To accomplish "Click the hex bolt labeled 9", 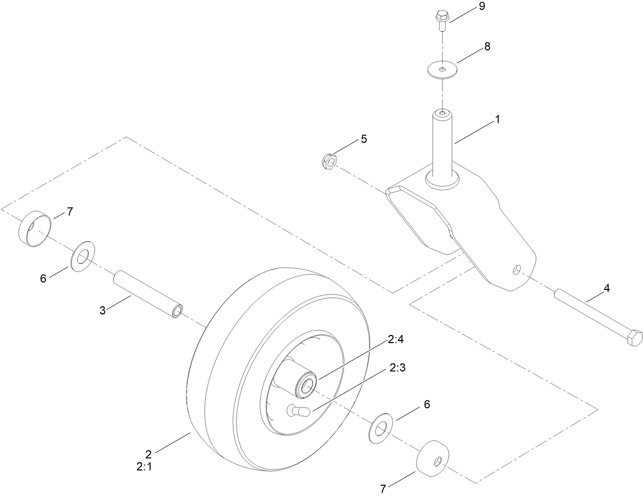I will click(x=441, y=20).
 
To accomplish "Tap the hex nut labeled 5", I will click(x=329, y=162).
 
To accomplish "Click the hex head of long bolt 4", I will click(x=633, y=338).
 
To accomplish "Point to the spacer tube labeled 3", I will click(x=148, y=295).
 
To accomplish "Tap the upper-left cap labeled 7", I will click(x=35, y=228).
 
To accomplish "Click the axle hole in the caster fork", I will click(x=518, y=269).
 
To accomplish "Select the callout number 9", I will click(x=480, y=6).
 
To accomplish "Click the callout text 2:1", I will click(x=145, y=466).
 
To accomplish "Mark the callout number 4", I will click(x=606, y=288).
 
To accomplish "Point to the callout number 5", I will click(x=363, y=139).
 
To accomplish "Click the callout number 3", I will click(x=102, y=310).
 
